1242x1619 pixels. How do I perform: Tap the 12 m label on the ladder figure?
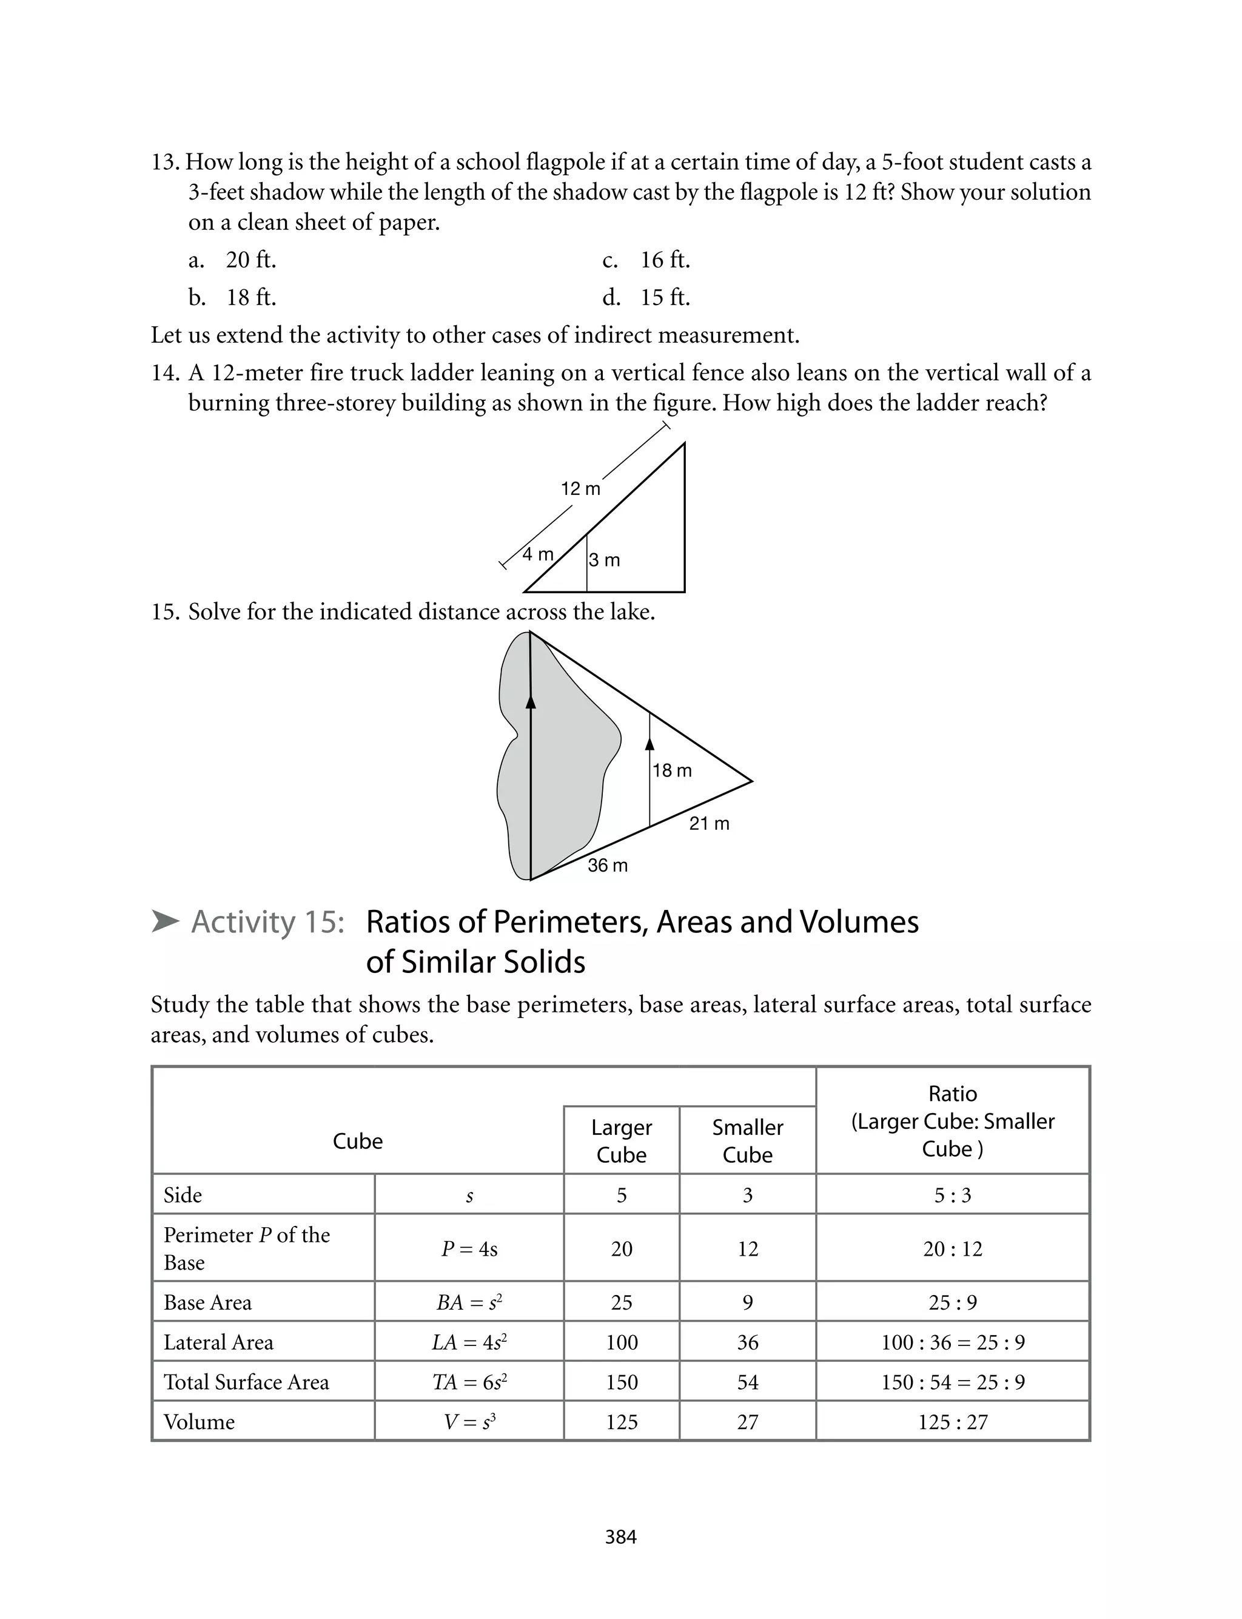580,489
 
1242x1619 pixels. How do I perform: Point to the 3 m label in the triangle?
604,560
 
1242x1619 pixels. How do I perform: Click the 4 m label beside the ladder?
537,554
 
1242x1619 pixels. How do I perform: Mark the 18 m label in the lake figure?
672,771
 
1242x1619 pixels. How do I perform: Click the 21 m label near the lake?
709,824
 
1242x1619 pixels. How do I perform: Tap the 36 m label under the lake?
607,866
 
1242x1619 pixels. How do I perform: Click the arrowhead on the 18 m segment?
650,743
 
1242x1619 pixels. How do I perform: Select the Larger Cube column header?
621,1140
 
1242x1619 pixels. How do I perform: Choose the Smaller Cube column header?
747,1140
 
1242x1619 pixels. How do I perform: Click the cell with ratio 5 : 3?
952,1196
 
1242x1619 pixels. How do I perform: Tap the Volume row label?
199,1422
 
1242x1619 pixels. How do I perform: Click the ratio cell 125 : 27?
952,1422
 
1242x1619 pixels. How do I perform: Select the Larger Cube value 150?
621,1382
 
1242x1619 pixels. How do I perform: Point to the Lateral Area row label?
218,1342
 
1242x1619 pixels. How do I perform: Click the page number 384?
620,1537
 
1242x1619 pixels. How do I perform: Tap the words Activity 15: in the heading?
267,922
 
